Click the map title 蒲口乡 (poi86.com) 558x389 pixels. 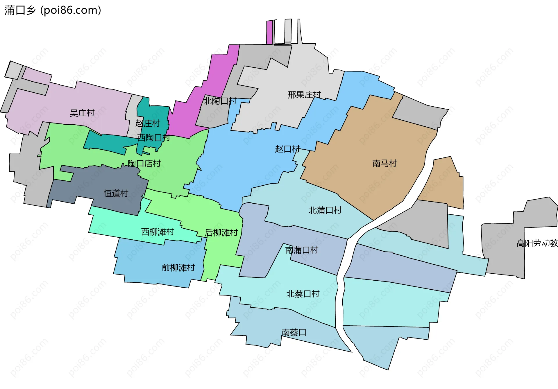(x=53, y=10)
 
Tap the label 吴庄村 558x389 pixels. (x=82, y=113)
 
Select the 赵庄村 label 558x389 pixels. (x=148, y=123)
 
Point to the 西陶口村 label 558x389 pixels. (x=153, y=137)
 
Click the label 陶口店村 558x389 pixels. (x=144, y=164)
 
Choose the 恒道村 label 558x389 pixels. (x=116, y=193)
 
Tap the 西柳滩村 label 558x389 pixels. (x=158, y=232)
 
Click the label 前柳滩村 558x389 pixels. (x=178, y=267)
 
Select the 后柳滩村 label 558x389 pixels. (x=221, y=232)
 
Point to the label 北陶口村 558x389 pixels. (x=220, y=101)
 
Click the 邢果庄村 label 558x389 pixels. (x=304, y=95)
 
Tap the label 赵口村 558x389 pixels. (x=287, y=149)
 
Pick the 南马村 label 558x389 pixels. (x=384, y=163)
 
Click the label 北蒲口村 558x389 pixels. (x=325, y=210)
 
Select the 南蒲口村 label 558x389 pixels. (x=302, y=250)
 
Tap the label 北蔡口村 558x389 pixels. (x=303, y=294)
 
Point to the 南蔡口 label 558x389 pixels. (x=294, y=332)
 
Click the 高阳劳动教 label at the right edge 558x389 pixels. (x=537, y=243)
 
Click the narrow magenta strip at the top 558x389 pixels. (x=269, y=32)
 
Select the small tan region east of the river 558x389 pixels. (x=445, y=183)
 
